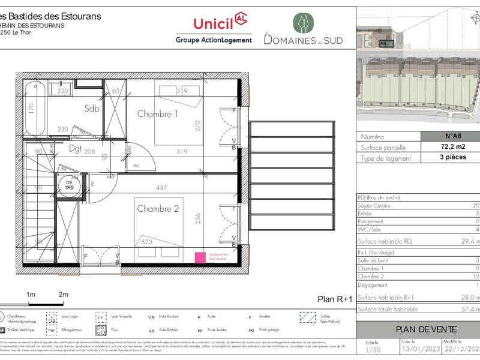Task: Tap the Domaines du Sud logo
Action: coord(303,30)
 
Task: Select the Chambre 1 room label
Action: coord(158,113)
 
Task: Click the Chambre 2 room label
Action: coord(158,209)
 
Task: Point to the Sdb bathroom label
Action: coord(92,109)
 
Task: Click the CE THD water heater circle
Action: coord(69,184)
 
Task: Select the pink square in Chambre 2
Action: coord(199,257)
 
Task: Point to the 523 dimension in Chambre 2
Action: coord(146,242)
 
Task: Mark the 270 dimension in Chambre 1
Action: coord(196,125)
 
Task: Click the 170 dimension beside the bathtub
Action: coord(31,109)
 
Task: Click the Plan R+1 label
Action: coord(334,299)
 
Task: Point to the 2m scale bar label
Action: coord(64,295)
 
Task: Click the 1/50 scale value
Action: coord(371,349)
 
